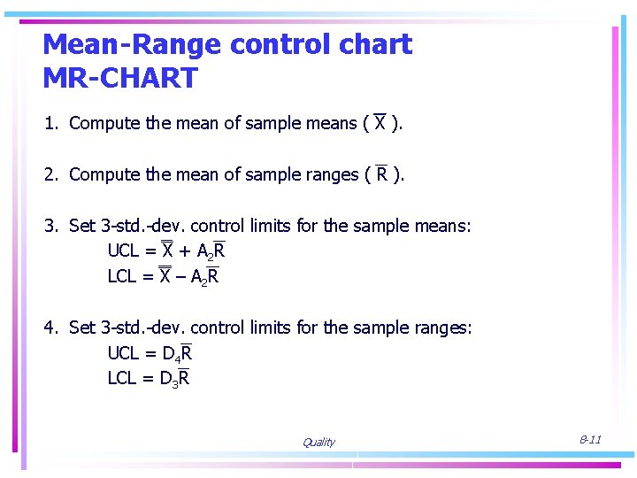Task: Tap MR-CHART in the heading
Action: [x=119, y=78]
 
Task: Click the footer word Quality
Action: [x=318, y=443]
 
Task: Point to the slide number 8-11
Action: [x=590, y=439]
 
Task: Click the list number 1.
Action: [x=50, y=123]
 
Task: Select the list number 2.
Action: [x=50, y=174]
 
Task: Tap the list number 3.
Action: [x=50, y=226]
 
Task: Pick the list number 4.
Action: [x=50, y=328]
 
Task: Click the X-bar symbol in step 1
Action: [x=380, y=122]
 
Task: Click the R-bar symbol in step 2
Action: [x=381, y=173]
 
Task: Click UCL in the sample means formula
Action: [x=124, y=251]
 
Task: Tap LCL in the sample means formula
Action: [x=122, y=276]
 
